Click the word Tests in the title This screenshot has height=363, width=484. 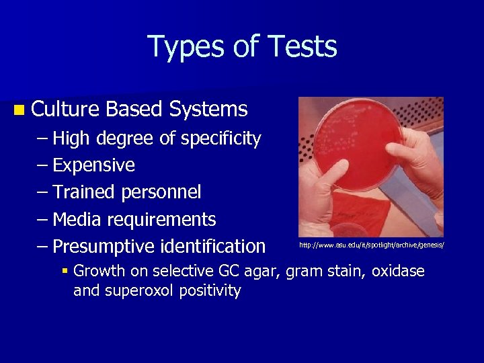pyautogui.click(x=302, y=47)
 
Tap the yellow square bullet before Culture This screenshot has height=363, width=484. pyautogui.click(x=17, y=109)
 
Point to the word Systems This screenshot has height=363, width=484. pyautogui.click(x=209, y=109)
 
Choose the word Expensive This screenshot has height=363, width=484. pyautogui.click(x=93, y=165)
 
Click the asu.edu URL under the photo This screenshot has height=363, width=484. pyautogui.click(x=372, y=245)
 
